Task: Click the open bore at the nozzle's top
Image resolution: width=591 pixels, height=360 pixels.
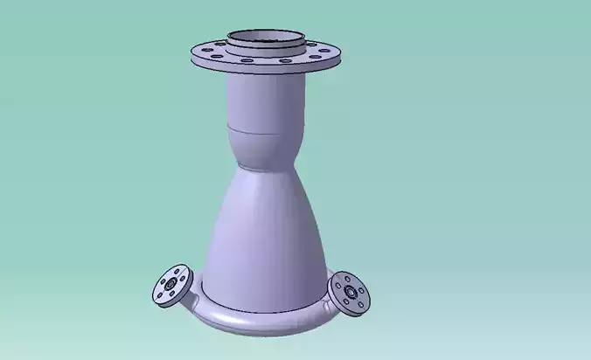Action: click(267, 38)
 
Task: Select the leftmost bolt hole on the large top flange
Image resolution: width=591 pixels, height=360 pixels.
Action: click(200, 52)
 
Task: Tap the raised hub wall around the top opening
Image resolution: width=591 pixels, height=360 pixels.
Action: click(267, 49)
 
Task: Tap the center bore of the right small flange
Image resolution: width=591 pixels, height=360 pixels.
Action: click(350, 290)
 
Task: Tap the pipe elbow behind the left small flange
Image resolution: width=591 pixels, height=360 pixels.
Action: click(194, 302)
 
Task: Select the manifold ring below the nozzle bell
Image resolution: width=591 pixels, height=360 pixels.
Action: click(262, 322)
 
